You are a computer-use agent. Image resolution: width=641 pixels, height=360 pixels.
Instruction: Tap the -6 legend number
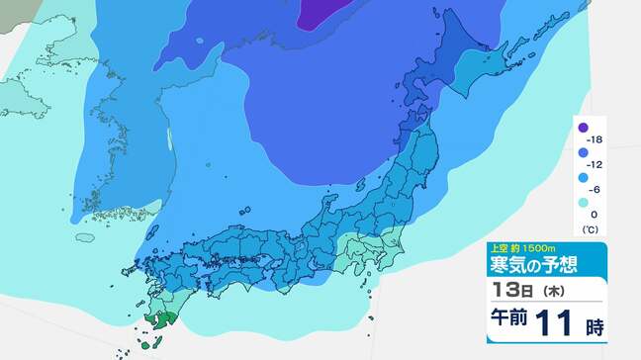[x=596, y=190]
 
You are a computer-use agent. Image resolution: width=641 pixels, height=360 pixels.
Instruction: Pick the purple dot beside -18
[x=584, y=129]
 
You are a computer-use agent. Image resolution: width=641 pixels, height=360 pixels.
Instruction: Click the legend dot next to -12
[x=584, y=153]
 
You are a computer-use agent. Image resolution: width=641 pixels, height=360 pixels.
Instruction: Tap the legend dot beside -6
[x=584, y=178]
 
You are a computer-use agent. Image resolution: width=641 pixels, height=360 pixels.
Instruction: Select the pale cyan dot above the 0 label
[x=584, y=202]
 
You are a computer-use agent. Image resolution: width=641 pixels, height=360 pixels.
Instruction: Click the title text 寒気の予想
[x=531, y=265]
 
